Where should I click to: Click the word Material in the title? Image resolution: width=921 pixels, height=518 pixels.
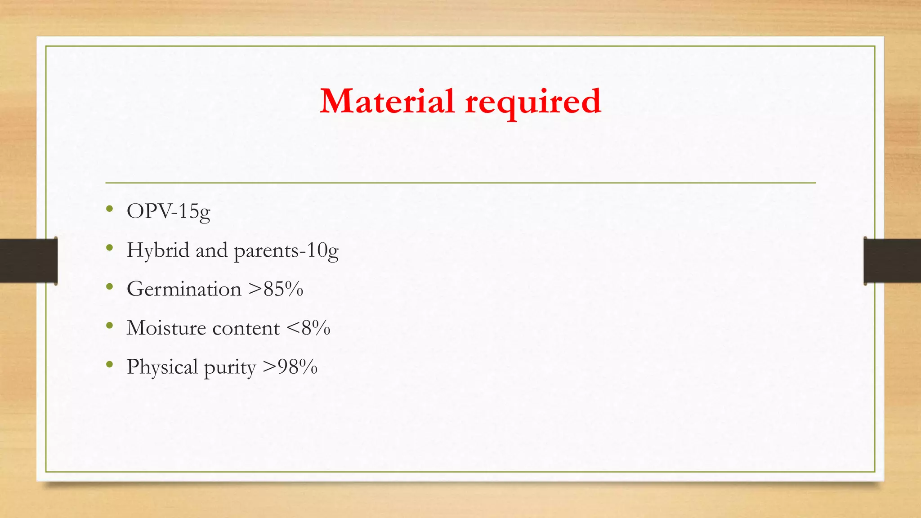387,101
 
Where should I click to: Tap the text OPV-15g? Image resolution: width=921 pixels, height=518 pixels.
168,211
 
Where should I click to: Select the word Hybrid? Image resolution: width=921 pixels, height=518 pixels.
158,250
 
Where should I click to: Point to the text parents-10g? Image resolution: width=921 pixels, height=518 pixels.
286,251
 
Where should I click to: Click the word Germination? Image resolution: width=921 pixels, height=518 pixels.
184,289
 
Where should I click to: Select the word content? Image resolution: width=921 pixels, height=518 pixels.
246,329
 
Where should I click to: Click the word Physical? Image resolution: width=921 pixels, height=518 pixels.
162,367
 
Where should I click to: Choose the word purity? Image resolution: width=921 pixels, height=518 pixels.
230,368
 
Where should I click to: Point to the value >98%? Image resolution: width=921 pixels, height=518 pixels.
290,367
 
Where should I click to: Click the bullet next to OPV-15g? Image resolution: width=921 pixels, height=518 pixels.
109,209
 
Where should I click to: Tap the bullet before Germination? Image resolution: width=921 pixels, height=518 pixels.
109,287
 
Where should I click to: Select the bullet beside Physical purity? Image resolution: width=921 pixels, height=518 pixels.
109,365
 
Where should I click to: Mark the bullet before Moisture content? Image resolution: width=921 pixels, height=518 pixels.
109,326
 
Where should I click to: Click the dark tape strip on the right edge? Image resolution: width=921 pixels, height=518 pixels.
892,261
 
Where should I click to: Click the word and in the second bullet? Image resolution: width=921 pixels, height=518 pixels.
211,250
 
